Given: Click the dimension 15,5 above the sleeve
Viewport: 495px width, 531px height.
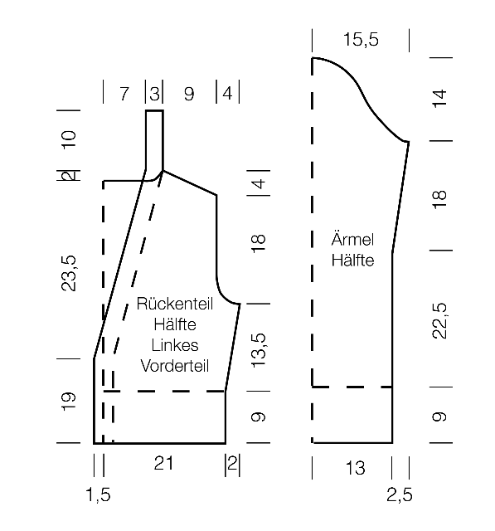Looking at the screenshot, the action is coord(361,40).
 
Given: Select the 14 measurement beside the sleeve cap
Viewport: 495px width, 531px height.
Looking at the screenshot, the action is coord(439,99).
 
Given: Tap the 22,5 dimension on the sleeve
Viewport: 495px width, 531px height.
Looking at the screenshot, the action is coord(440,321).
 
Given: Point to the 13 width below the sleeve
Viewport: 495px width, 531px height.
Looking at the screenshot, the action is coord(355,468).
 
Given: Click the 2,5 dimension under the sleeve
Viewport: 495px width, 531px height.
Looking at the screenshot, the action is coord(400,495).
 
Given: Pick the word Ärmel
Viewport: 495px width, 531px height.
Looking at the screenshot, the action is coord(352,240).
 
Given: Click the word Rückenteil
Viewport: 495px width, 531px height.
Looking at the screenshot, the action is coord(175,304).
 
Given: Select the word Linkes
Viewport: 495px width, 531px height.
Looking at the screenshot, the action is coord(175,345).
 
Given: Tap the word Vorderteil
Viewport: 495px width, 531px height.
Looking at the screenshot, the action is coord(175,366).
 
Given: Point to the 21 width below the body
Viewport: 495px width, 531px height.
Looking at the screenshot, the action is coord(163,463).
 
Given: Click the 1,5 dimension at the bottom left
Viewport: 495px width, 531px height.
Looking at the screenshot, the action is coord(98,495).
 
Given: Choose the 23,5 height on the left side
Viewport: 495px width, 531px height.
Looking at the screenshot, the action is coord(69,273).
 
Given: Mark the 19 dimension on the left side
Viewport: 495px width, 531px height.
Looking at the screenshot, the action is coord(69,402).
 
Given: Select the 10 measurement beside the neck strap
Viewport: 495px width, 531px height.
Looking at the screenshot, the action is coord(69,139).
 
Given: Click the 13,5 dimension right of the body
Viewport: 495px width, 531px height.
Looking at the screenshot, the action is coord(259,350).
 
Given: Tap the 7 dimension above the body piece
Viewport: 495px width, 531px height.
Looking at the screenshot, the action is coord(124,94).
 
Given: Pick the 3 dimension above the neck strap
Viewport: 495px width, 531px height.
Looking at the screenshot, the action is coord(154,94).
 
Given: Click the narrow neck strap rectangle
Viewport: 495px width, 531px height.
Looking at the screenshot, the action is coord(154,140).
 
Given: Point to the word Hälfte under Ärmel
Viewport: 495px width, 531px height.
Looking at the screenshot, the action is coord(352,260).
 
